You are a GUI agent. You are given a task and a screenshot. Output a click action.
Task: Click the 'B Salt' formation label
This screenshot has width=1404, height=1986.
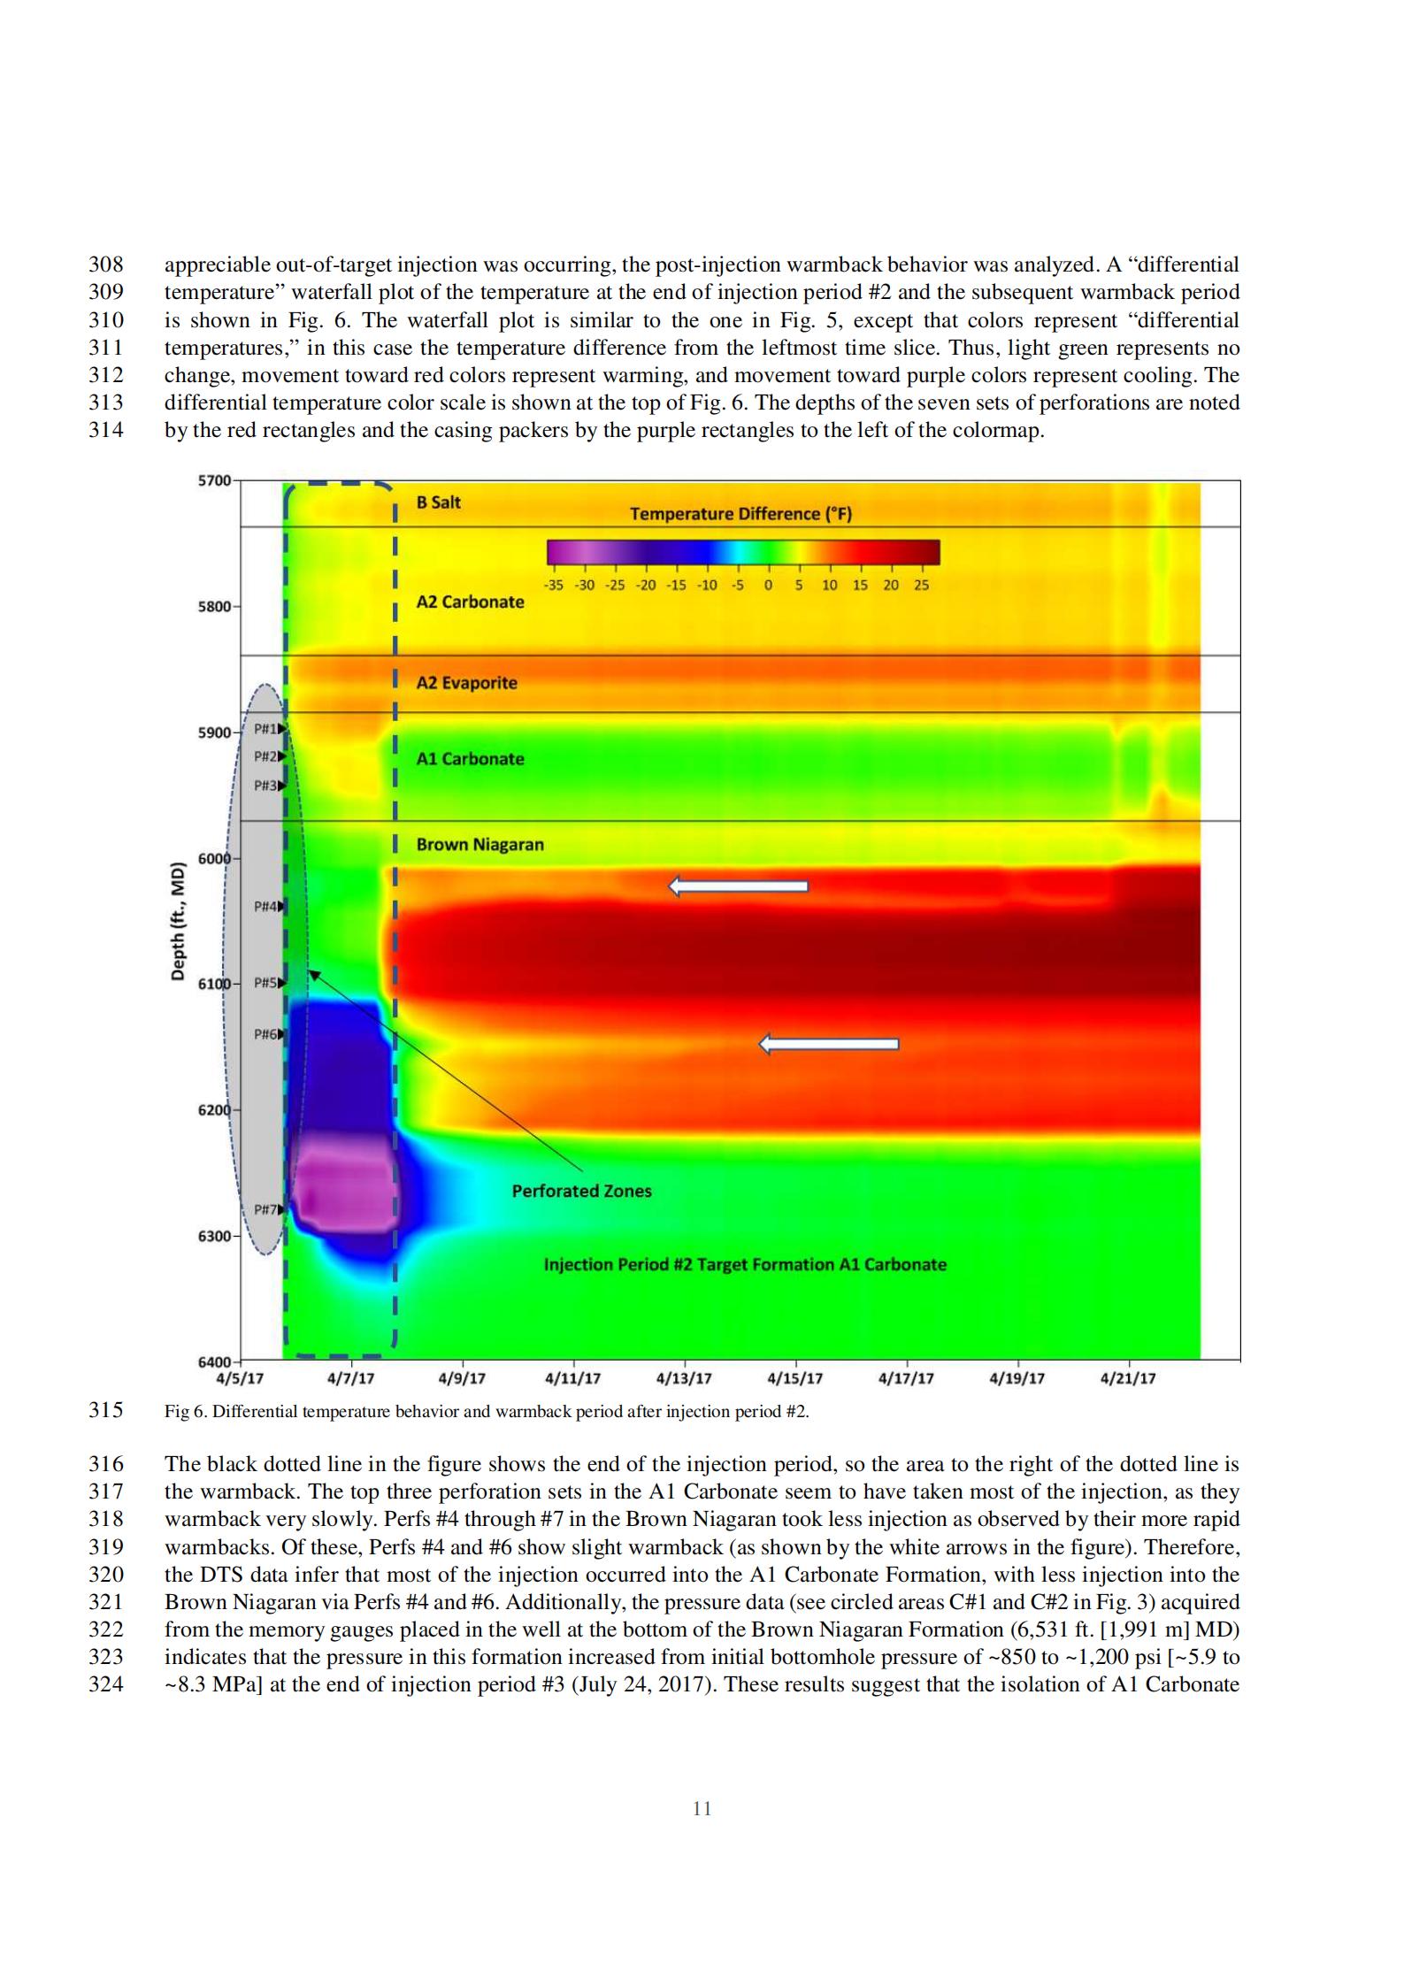pos(438,502)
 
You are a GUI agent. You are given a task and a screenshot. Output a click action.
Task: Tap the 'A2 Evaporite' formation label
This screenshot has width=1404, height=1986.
pos(466,683)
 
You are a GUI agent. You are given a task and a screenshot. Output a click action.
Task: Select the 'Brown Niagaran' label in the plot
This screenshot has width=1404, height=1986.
pos(480,845)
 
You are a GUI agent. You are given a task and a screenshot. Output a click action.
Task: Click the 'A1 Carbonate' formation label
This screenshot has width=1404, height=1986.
pos(470,759)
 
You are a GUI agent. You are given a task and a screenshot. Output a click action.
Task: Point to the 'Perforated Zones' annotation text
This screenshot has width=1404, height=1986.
pos(581,1191)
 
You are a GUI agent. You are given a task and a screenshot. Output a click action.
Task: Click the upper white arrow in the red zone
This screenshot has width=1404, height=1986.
pos(738,886)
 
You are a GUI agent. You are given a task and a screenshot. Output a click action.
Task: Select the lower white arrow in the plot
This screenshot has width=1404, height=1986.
pos(829,1044)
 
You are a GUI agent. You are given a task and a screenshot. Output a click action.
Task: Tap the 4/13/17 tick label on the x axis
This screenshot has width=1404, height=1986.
pos(684,1378)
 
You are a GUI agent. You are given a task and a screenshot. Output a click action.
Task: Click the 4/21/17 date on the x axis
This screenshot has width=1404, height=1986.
pos(1128,1378)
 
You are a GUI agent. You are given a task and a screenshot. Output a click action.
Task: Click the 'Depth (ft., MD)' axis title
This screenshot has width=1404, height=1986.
pos(178,920)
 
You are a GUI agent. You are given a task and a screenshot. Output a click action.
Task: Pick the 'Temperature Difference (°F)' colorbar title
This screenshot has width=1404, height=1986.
pos(740,514)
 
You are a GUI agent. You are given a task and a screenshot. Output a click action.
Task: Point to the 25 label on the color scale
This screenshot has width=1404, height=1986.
pos(921,586)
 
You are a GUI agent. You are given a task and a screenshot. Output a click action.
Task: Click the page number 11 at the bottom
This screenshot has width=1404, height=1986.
pos(702,1808)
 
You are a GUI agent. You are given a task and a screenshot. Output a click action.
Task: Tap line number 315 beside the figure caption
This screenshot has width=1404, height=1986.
pos(105,1410)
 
